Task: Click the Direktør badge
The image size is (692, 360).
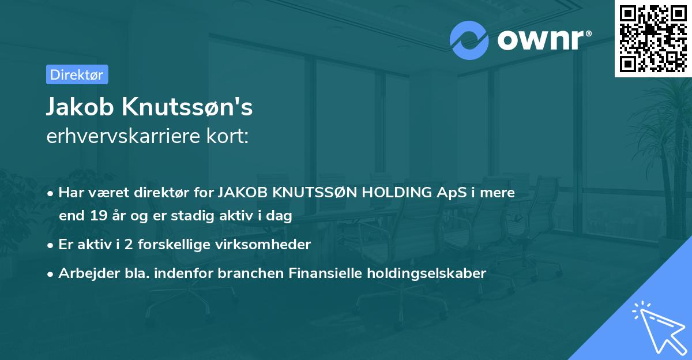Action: [x=77, y=74]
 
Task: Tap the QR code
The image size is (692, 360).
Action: [x=653, y=38]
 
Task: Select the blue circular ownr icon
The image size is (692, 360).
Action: [x=469, y=40]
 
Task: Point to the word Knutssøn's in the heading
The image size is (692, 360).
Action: [x=189, y=107]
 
